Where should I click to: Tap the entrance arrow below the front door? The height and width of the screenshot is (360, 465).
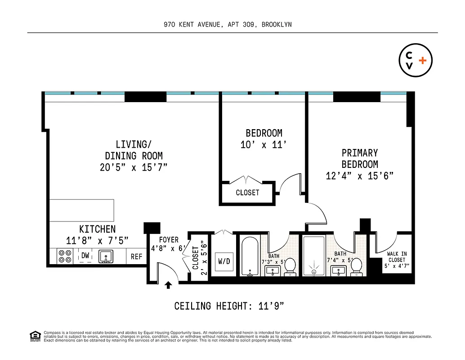point(168,285)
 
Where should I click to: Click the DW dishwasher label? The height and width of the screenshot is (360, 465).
point(85,256)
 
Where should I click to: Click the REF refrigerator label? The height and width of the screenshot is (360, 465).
point(136,256)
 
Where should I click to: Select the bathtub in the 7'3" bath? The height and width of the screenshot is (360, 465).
point(249,256)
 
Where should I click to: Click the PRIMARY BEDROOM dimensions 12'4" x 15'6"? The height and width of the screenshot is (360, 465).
point(359,176)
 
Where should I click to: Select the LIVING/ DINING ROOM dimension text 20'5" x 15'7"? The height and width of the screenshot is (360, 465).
point(134,167)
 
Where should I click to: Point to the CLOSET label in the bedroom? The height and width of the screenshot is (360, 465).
point(247,193)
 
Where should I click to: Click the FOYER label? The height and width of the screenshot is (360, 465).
point(169,240)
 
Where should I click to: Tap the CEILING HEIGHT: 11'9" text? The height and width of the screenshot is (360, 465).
point(229,306)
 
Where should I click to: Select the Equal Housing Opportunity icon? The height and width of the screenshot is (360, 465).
point(35,336)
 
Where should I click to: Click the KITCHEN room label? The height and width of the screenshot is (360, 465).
point(97,229)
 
